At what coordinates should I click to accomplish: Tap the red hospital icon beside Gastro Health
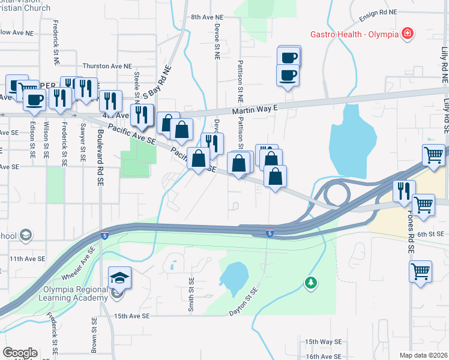coord(407,32)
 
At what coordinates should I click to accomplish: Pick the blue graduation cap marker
coord(119,277)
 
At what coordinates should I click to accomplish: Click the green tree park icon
coord(310,281)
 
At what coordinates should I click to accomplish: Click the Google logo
coord(20,353)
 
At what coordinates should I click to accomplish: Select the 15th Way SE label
coord(323,341)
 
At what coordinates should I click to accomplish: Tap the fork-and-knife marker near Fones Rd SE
coord(403,191)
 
